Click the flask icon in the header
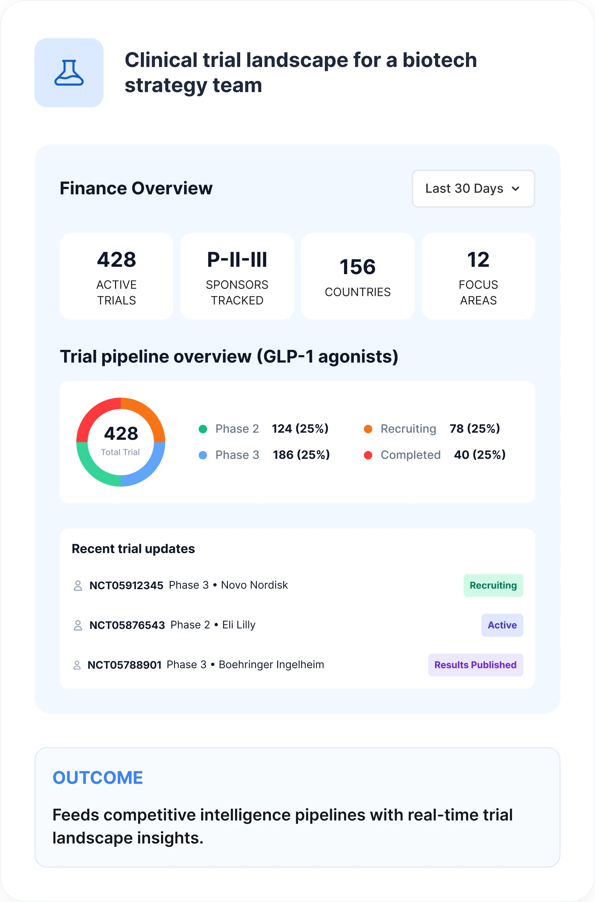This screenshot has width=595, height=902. [x=69, y=73]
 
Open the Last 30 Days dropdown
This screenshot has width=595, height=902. [x=473, y=188]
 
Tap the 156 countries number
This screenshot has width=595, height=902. [x=358, y=266]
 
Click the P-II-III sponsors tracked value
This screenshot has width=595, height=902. [x=237, y=260]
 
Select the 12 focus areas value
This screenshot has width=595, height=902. [x=478, y=260]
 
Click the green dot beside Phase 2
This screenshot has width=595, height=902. [x=203, y=429]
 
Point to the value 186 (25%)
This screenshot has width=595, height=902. [x=301, y=455]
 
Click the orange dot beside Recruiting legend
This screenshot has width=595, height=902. [x=368, y=429]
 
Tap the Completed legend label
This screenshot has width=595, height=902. [x=411, y=455]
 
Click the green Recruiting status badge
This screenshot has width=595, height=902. [x=493, y=585]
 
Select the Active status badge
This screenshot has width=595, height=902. [x=502, y=625]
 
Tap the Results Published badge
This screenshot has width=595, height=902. [x=475, y=665]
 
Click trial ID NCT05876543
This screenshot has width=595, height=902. [x=127, y=625]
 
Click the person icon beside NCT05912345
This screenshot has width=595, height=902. [x=78, y=585]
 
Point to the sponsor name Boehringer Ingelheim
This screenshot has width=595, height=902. [x=271, y=665]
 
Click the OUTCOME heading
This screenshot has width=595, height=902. [x=98, y=777]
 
